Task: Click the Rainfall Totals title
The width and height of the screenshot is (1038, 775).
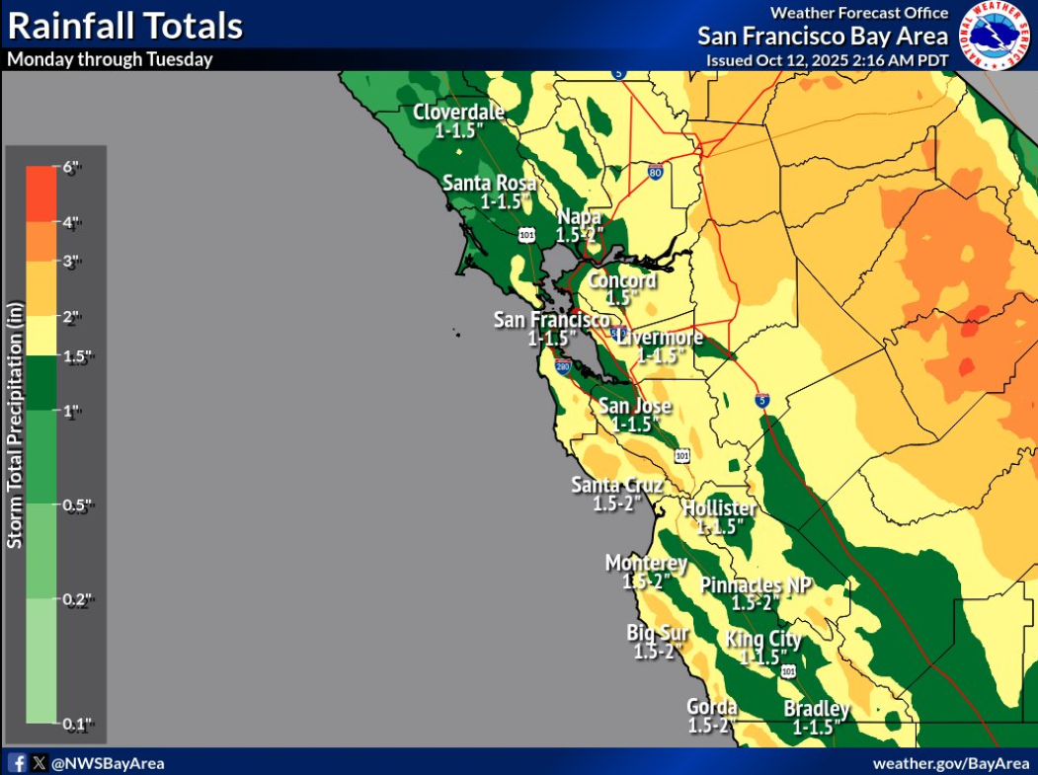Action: tap(124, 25)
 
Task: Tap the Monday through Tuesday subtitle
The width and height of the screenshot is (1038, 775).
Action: tap(110, 59)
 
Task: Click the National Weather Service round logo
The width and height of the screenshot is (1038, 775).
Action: tap(996, 37)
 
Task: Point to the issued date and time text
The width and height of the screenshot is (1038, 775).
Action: tap(827, 60)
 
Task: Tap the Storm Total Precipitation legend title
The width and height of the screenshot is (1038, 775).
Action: tap(17, 440)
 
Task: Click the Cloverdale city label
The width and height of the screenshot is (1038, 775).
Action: tap(458, 112)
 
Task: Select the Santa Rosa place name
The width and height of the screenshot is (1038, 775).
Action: tap(490, 184)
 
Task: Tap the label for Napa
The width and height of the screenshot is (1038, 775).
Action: tap(579, 217)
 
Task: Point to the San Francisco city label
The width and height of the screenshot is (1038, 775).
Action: tap(552, 320)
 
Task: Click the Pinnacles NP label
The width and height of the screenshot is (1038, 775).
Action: tap(756, 585)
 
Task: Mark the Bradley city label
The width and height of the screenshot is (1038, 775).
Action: tap(817, 709)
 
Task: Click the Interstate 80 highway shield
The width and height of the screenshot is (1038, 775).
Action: tap(655, 172)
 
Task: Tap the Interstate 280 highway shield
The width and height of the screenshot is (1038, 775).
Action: tap(562, 367)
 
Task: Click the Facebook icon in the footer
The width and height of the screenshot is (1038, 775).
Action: tap(18, 762)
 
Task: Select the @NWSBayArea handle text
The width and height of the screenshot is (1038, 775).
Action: tap(107, 763)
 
